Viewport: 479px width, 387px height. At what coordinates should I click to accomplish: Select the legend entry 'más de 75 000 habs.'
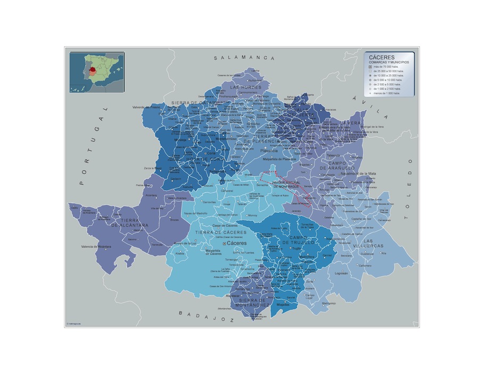(389, 67)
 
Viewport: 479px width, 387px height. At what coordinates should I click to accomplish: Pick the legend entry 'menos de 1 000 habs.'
(389, 93)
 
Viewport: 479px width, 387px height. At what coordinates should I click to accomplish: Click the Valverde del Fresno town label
(147, 108)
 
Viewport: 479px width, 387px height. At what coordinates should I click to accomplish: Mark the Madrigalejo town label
(329, 303)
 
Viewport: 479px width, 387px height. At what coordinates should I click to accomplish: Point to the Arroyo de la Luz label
(186, 243)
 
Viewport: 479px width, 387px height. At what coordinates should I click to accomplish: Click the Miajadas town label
(283, 304)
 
